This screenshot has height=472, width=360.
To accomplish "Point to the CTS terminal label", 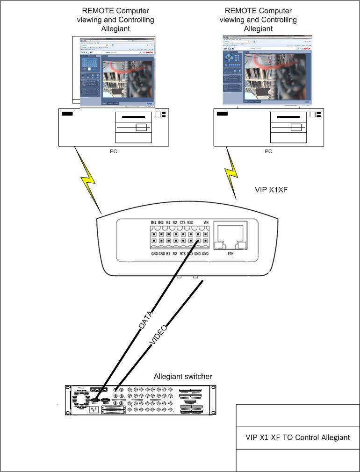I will coord(182,222).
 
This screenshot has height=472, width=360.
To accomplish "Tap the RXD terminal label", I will coord(190,222).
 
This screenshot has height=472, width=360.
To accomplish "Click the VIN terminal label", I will coord(206,222).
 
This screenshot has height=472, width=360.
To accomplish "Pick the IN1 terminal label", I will coord(153,222).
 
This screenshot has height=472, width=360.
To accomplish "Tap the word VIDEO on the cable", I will coord(158,335).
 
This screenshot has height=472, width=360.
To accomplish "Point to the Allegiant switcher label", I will coord(183,377).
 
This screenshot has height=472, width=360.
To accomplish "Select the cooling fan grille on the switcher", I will coord(79,398).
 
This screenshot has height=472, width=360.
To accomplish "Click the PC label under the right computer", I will coord(268,151).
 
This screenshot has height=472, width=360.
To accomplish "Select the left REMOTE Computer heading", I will coord(115,20).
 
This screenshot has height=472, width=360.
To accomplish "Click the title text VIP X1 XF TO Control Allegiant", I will coord(298,438).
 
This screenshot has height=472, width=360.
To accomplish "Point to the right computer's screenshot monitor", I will coord(267,70).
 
